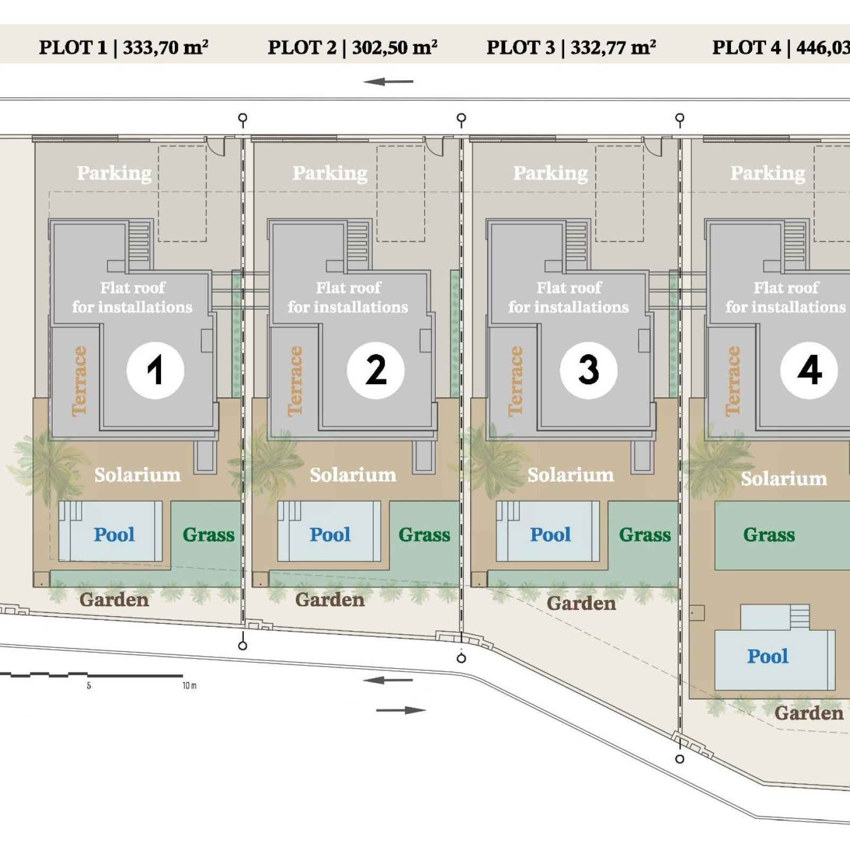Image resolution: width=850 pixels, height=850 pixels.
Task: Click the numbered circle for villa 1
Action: pos(155,370)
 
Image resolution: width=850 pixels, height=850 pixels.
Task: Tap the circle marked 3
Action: pos(589,370)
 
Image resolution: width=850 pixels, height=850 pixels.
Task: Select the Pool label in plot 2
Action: pos(330,534)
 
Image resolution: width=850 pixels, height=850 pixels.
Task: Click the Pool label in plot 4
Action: pos(768,656)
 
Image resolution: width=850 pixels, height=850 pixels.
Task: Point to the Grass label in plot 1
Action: pos(208,534)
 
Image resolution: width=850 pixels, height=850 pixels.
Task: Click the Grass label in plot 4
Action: pos(769,534)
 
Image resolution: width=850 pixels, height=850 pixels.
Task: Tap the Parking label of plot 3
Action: pos(550,173)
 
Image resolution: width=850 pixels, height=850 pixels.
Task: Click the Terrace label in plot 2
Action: pos(295,381)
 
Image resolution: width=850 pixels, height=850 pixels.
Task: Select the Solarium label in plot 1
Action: pos(138,475)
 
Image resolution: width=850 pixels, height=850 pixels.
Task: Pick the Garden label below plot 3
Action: pos(581,603)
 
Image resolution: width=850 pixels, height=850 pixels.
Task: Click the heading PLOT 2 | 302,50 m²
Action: pos(352,47)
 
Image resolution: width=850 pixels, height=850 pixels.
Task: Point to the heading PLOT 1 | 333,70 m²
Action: pos(123,47)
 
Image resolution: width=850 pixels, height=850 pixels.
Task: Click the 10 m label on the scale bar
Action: pos(189,686)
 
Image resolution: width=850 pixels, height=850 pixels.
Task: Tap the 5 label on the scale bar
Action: pos(89,686)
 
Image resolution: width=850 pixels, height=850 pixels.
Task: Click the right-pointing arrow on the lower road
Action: pos(401,710)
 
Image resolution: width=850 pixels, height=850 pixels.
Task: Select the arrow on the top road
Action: pos(388,82)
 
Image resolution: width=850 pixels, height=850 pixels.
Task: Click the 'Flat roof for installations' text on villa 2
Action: pos(348,297)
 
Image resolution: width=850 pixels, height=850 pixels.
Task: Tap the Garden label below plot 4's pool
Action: pos(809,713)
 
